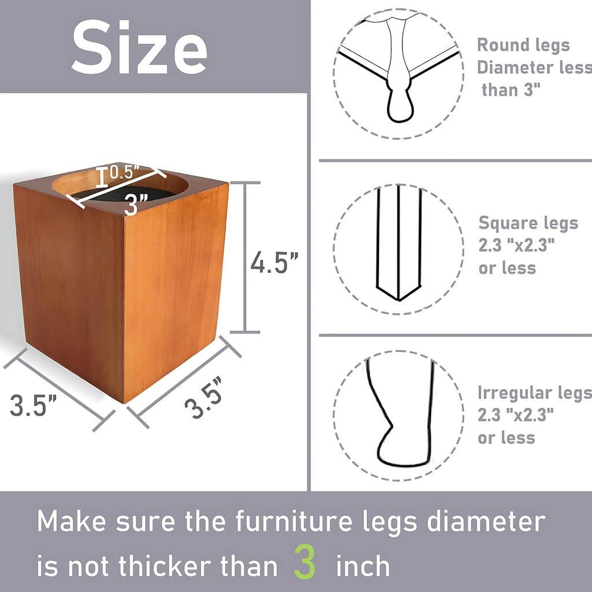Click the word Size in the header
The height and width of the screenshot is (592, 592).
click(139, 47)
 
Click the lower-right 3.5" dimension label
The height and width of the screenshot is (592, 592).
click(205, 398)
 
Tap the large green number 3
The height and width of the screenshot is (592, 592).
click(305, 561)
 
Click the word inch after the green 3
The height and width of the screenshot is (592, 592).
click(363, 565)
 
